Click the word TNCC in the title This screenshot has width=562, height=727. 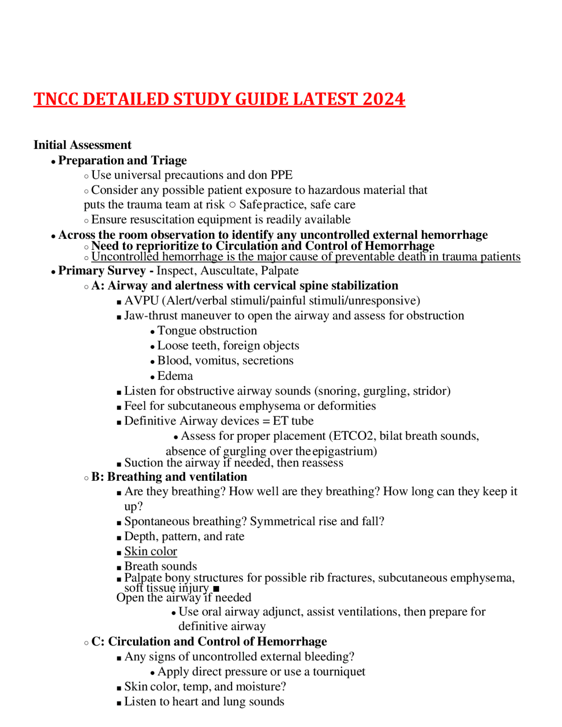[x=56, y=99]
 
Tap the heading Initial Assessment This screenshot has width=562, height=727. [x=82, y=145]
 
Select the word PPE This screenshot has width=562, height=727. [x=281, y=175]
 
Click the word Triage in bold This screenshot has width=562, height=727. [x=169, y=160]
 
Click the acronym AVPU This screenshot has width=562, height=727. [x=141, y=301]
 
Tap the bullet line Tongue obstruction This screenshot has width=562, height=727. [x=207, y=331]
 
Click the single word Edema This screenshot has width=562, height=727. [x=175, y=376]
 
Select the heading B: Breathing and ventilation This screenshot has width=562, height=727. [x=169, y=477]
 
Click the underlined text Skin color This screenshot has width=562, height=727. [x=151, y=551]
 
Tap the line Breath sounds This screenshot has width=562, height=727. [x=160, y=566]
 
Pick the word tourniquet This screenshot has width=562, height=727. [x=339, y=672]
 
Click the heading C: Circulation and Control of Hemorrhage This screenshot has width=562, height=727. [x=209, y=642]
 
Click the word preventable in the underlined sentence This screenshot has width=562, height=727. [x=362, y=257]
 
